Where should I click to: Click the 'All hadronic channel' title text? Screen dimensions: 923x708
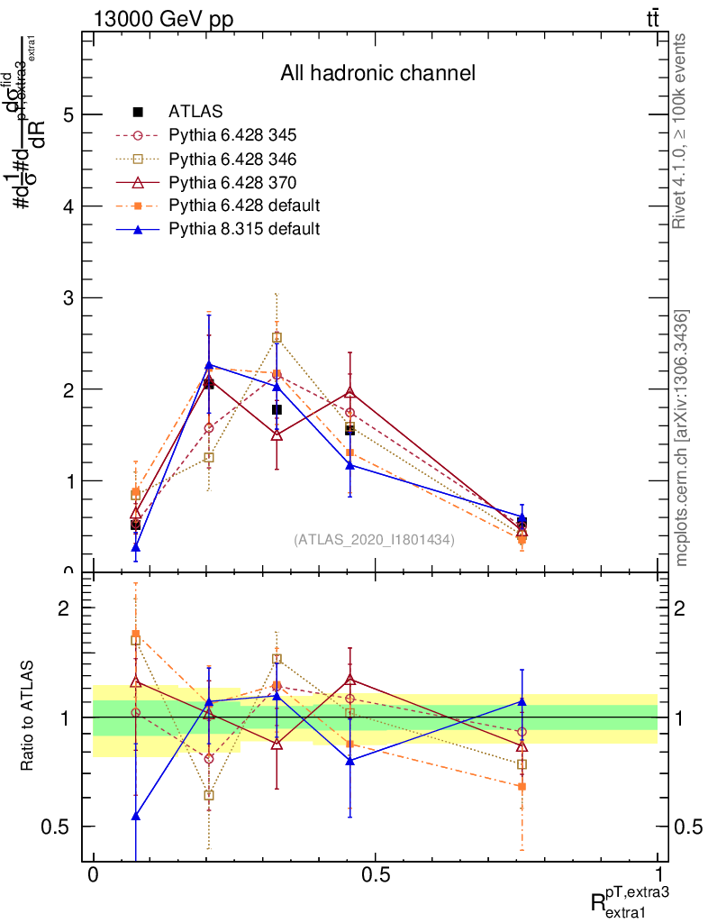click(377, 73)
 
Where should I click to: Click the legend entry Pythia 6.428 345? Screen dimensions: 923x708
click(232, 135)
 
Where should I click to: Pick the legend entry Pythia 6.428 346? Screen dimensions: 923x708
click(232, 159)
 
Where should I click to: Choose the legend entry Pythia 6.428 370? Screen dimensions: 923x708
click(232, 182)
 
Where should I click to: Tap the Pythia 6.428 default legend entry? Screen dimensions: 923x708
click(243, 206)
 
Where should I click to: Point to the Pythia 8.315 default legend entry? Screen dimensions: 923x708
click(243, 229)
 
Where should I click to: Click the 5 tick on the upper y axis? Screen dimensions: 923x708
click(68, 114)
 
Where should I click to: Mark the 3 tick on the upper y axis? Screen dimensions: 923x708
click(68, 297)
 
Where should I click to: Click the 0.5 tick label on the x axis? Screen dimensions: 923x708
click(375, 875)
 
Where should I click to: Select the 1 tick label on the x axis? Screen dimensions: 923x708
click(658, 875)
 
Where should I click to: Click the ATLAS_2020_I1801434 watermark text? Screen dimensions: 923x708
click(374, 539)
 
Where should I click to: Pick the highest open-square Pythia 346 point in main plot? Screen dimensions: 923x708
click(277, 337)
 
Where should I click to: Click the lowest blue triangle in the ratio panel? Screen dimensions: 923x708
click(136, 816)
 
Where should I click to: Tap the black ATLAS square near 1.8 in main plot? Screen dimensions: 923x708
click(277, 409)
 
